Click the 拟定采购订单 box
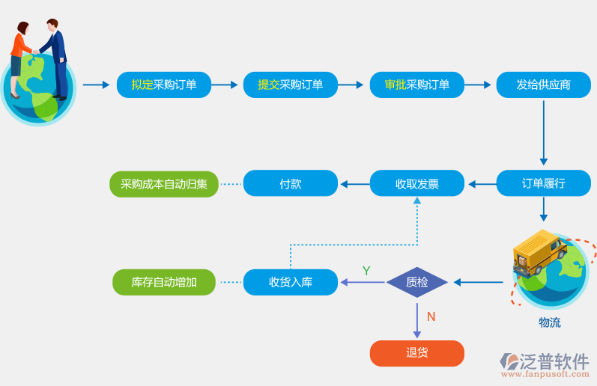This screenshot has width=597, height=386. click(x=164, y=85)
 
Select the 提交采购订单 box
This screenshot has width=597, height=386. click(x=291, y=85)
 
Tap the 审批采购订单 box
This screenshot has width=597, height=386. click(x=417, y=85)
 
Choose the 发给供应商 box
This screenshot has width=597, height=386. click(x=543, y=85)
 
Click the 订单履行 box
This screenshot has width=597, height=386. click(x=543, y=183)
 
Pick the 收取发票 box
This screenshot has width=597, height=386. click(x=417, y=183)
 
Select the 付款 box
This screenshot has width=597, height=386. click(x=291, y=183)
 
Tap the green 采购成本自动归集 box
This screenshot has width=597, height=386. click(x=164, y=183)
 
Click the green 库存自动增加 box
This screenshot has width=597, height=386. click(x=164, y=282)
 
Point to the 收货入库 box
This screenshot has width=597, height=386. click(x=291, y=282)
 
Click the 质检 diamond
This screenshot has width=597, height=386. click(x=417, y=282)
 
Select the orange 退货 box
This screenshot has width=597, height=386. click(x=417, y=353)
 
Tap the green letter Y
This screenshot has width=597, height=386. click(x=366, y=271)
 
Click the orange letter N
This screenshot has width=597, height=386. click(x=431, y=316)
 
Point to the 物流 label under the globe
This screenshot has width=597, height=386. click(x=549, y=322)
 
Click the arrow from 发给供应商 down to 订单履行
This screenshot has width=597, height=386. click(x=544, y=131)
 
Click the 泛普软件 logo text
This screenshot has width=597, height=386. click(x=554, y=361)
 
